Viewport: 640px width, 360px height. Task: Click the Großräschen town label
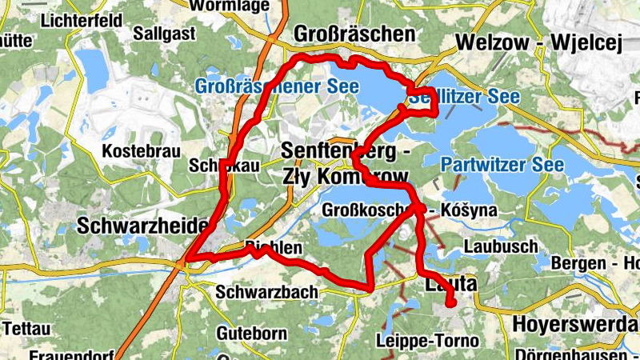(x=355, y=34)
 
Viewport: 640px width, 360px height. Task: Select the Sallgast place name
(x=163, y=34)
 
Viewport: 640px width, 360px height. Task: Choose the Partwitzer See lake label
(x=502, y=165)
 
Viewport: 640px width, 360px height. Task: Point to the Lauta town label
(x=448, y=283)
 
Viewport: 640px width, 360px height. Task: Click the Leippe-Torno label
(x=427, y=341)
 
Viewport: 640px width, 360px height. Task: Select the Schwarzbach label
(x=267, y=292)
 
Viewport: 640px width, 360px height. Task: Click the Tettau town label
(x=26, y=328)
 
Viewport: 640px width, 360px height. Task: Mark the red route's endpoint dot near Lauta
(x=450, y=303)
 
